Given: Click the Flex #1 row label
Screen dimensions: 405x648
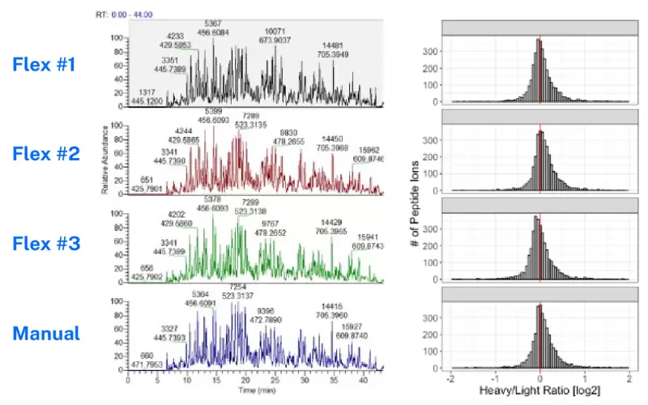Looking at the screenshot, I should [x=45, y=63].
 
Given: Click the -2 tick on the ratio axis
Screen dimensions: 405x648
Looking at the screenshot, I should [x=450, y=377].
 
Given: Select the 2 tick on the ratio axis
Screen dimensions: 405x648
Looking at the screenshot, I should [x=629, y=377].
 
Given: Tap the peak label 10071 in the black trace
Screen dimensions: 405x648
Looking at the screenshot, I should [x=274, y=30].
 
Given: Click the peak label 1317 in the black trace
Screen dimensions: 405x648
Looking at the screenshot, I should [x=148, y=92].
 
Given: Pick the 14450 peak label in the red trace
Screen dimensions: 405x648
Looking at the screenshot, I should [x=334, y=139].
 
